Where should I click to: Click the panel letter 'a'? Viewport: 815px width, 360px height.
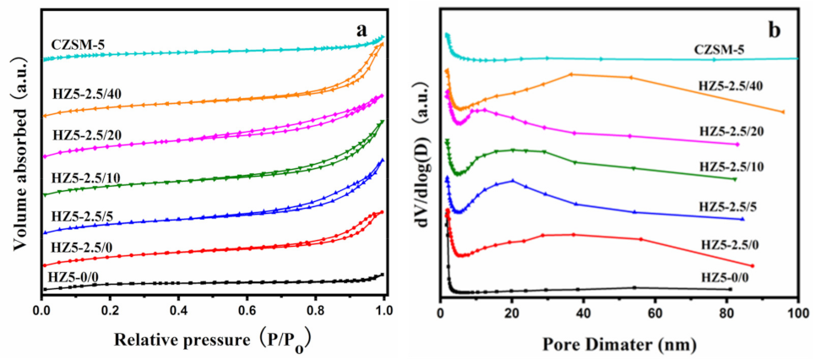(x=362, y=30)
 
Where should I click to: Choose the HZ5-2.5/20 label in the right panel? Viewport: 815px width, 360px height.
(x=735, y=129)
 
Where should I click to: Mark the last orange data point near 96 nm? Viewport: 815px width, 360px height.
(x=784, y=112)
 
